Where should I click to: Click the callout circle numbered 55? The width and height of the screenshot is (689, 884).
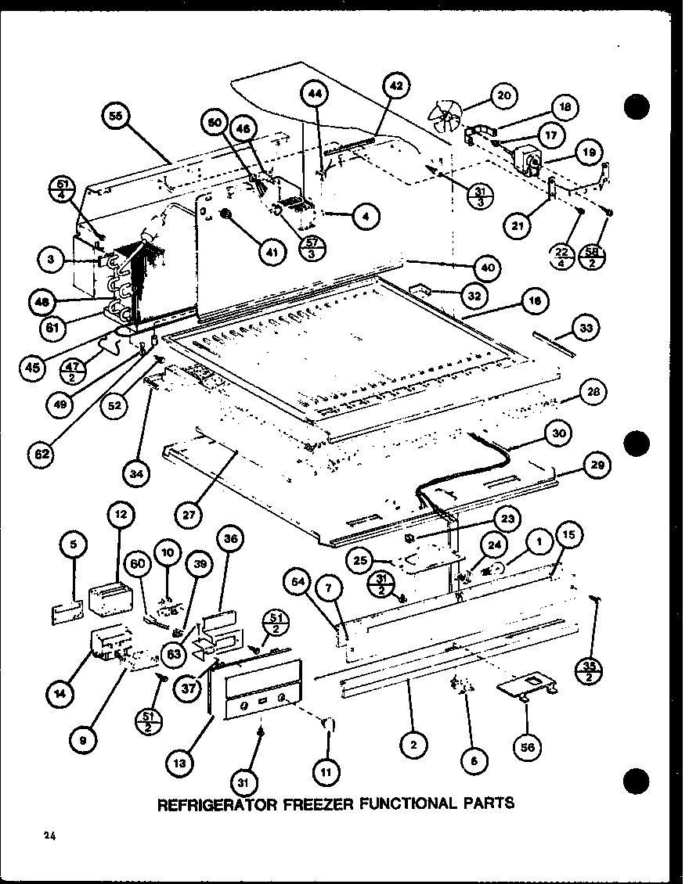117,117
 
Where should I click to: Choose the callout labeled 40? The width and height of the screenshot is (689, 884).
489,268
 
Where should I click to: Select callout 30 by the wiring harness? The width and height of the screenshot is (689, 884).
559,433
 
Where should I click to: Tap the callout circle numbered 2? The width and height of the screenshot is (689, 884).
413,745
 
